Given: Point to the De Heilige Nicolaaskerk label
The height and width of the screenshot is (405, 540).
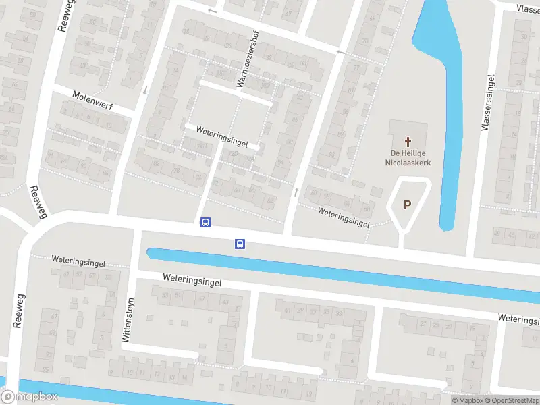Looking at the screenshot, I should [x=408, y=158].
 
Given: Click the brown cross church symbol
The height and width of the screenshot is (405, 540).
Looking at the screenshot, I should [x=408, y=142].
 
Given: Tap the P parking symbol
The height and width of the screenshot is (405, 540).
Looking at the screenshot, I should [x=407, y=205].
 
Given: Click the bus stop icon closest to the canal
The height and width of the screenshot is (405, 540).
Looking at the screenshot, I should [x=240, y=244].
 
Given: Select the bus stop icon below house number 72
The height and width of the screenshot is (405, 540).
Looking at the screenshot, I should [x=205, y=222].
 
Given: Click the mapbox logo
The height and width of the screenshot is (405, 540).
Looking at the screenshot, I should [x=30, y=397].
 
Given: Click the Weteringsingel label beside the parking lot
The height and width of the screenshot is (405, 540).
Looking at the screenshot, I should [x=344, y=217].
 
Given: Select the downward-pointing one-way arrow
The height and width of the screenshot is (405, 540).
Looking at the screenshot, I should [x=144, y=90].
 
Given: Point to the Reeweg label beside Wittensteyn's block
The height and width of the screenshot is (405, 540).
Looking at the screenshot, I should [x=18, y=310].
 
